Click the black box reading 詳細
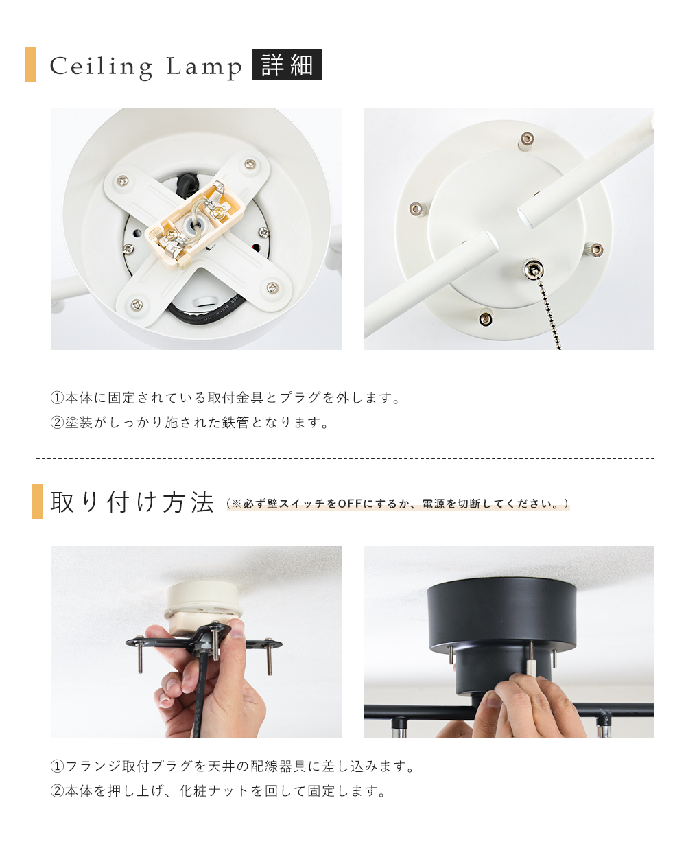coord(286,65)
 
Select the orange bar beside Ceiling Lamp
coord(31,65)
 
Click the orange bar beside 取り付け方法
coord(37,502)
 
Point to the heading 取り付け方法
coord(132,502)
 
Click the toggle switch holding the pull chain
coord(533,270)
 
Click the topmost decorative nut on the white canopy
coord(526,141)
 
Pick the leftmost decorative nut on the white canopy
coord(417,209)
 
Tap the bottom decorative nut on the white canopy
coord(486,318)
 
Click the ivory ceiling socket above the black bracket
coord(203,602)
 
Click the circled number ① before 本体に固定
coord(57,397)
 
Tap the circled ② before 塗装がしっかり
coord(57,423)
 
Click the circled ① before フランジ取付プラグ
coord(57,766)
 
